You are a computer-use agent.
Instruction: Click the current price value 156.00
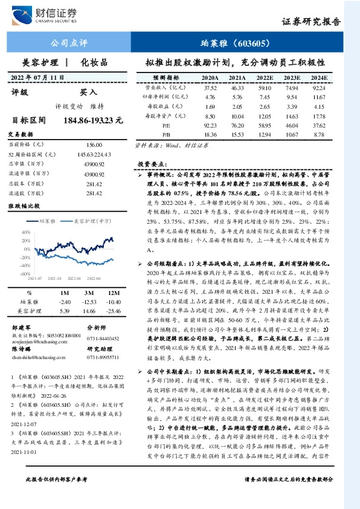[x=94, y=145]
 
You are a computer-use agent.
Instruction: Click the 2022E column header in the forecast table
[x=264, y=78]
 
